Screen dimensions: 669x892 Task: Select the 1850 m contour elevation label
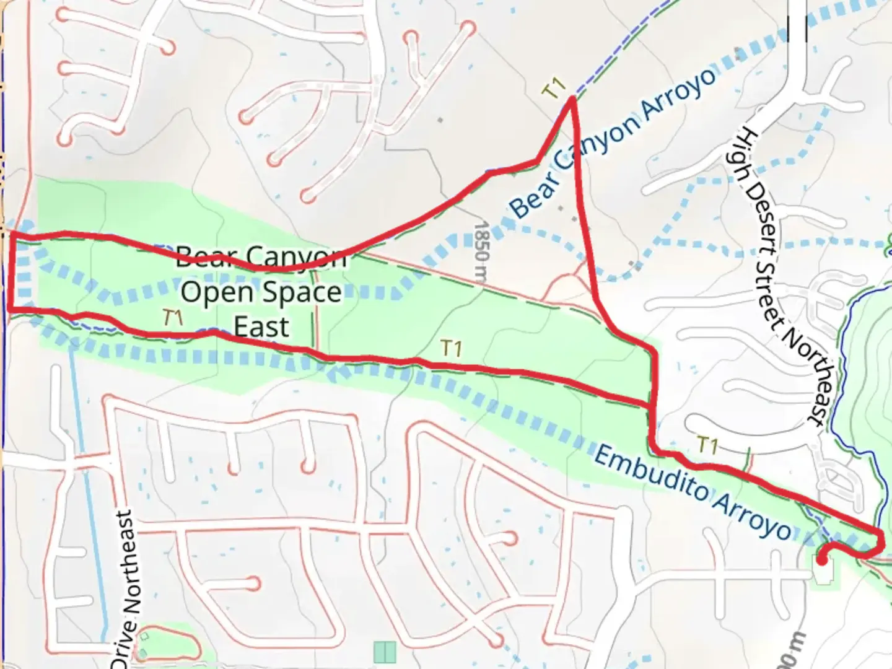(483, 251)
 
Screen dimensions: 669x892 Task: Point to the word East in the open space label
(262, 326)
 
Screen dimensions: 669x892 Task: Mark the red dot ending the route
(821, 561)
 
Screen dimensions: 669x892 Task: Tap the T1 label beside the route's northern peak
(553, 89)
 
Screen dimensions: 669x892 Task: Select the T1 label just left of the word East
(173, 318)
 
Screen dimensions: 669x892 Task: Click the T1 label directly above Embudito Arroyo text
(707, 445)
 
